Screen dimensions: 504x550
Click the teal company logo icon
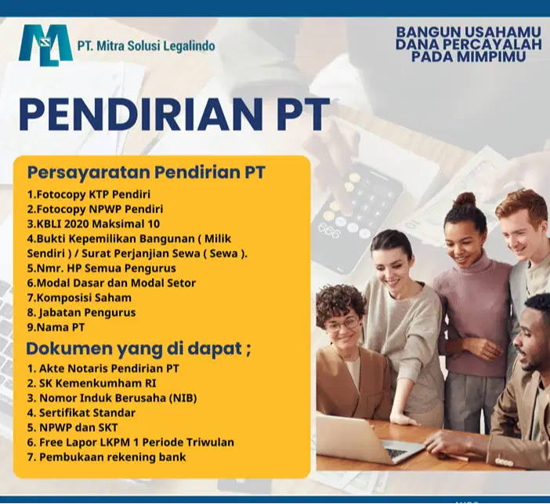[x=45, y=45]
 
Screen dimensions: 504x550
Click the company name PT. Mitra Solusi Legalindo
[x=147, y=46]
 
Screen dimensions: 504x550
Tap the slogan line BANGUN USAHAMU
[x=469, y=32]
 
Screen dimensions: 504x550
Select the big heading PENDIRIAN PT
[x=173, y=115]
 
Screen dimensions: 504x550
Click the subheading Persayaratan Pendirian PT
[x=147, y=172]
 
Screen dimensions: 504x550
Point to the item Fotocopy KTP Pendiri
[x=89, y=194]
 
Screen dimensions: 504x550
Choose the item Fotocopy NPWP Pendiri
[x=95, y=209]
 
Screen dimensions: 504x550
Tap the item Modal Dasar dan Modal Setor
[x=111, y=283]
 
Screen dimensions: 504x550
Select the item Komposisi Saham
[x=79, y=298]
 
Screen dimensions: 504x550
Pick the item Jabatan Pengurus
[x=81, y=313]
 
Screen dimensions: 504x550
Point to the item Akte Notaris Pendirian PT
[x=103, y=368]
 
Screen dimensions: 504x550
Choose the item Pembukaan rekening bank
[x=107, y=457]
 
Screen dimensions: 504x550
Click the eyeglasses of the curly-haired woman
[x=342, y=323]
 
